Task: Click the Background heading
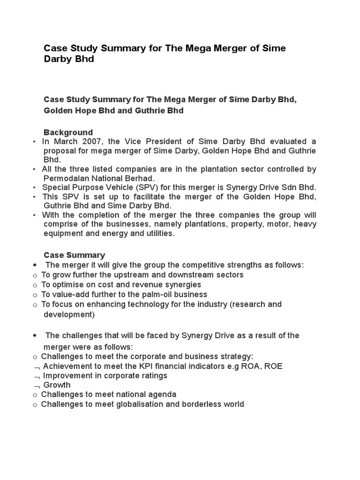coord(68,132)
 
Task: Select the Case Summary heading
coord(74,255)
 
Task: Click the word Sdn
coord(291,187)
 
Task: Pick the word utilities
coord(157,233)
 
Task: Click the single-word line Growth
coord(57,385)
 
